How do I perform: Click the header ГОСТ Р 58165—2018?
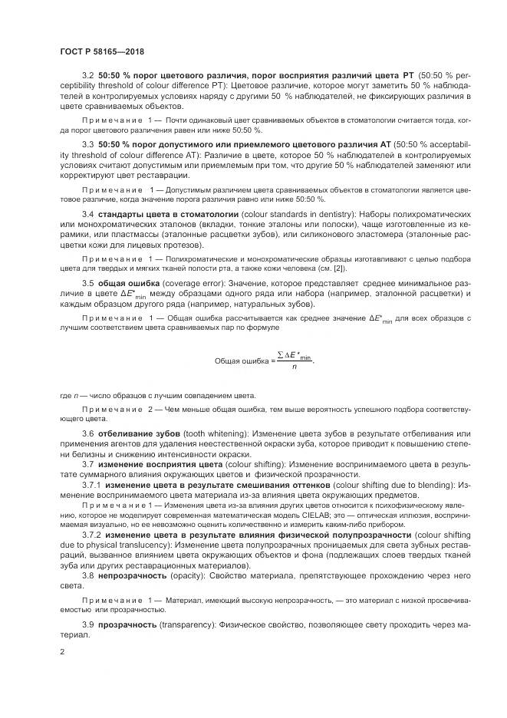pos(101,53)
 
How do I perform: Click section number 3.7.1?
pos(91,486)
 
